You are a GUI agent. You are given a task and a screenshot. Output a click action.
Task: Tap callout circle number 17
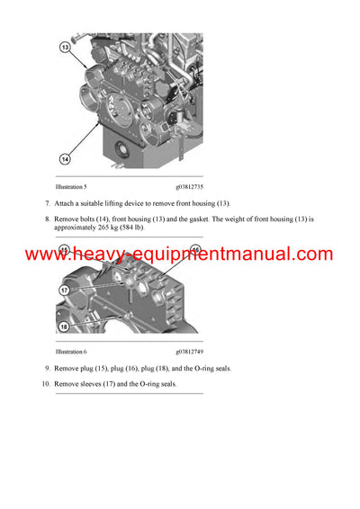(x=65, y=290)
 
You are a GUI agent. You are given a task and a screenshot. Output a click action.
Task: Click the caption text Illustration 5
(x=71, y=186)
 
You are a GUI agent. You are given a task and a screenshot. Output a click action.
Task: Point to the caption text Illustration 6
(x=71, y=352)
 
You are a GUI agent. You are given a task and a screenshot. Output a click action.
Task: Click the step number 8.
(x=46, y=219)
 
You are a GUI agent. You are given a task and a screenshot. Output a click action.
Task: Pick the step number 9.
(x=46, y=369)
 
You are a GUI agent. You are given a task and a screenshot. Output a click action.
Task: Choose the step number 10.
(x=44, y=384)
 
